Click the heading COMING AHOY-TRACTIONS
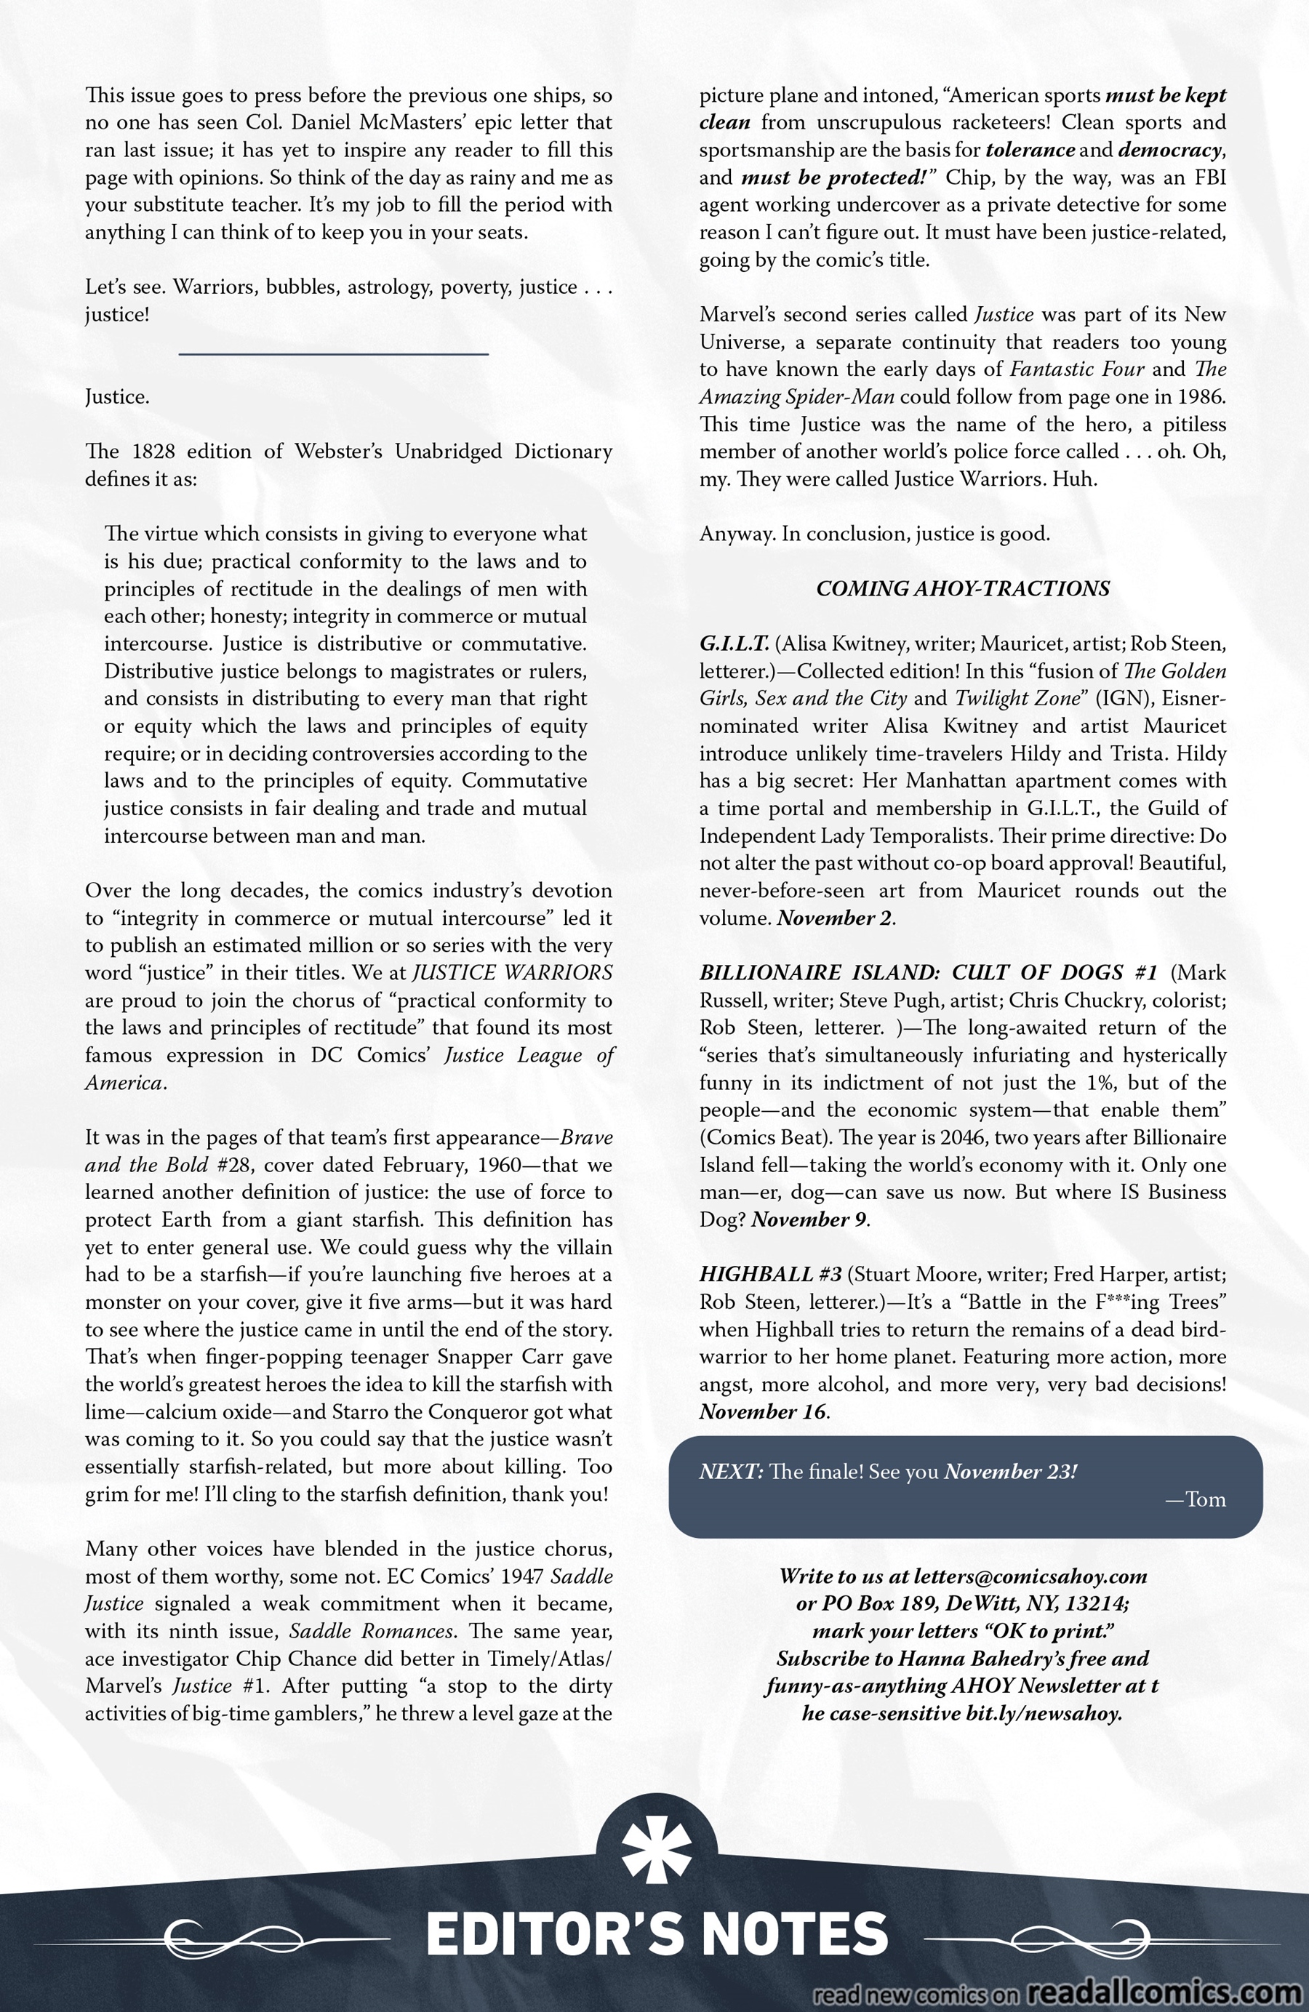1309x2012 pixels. tap(962, 588)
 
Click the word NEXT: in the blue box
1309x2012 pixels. tap(732, 1472)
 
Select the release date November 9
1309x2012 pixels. tap(809, 1219)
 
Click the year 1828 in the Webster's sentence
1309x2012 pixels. tap(150, 452)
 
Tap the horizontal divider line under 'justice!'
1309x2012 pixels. tap(334, 353)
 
